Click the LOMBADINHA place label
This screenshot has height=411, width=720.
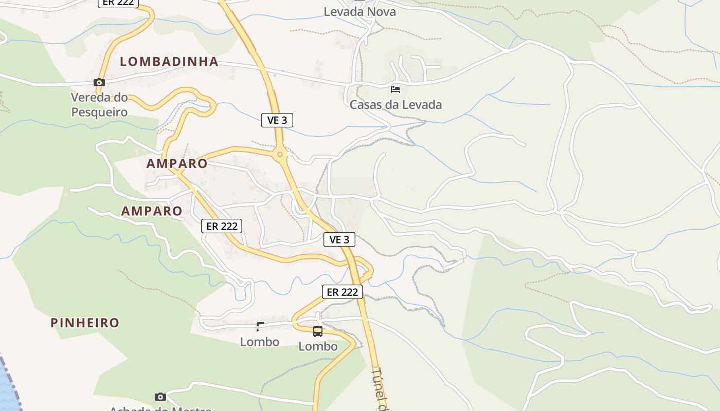tap(169, 62)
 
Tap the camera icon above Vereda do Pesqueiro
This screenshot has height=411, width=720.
tap(99, 82)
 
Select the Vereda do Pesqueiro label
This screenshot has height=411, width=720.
tap(99, 104)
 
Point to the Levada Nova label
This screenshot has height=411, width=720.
tap(360, 11)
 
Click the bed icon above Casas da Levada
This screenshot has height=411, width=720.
tap(395, 89)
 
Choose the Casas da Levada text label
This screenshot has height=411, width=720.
tap(395, 105)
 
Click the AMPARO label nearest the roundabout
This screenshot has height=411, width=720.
tap(177, 164)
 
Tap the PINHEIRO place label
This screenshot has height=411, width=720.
tap(85, 323)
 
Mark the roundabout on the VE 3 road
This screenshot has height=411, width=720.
tap(280, 154)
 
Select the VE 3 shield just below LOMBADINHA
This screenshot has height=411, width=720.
tap(277, 120)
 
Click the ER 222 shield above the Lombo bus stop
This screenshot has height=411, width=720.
tap(343, 292)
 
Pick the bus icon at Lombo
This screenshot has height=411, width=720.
tap(318, 331)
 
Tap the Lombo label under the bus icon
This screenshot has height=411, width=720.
tap(318, 346)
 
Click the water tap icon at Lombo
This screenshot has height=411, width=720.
tap(260, 326)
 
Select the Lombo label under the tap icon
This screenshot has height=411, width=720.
tap(260, 342)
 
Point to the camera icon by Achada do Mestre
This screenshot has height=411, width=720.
tap(160, 397)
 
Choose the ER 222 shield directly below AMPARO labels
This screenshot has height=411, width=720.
tap(222, 226)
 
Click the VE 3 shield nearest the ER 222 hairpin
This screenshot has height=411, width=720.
tap(339, 239)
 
